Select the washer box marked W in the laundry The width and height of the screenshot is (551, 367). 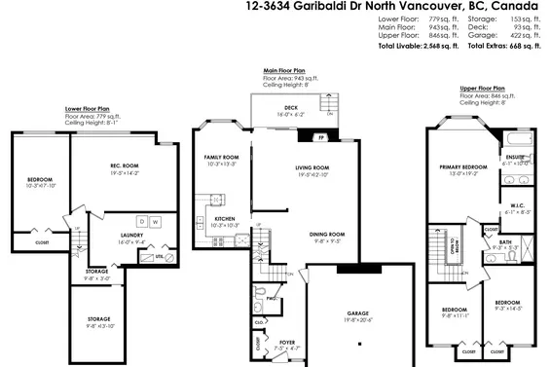click(154, 222)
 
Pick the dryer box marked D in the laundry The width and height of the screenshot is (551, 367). click(141, 222)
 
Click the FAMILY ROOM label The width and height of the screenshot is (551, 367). click(221, 158)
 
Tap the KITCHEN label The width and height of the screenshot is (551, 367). click(225, 219)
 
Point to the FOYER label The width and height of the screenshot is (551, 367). click(287, 342)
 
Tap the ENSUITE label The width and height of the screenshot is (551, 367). click(515, 157)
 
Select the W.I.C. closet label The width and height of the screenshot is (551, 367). click(517, 205)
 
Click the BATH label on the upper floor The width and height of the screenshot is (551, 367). click(504, 242)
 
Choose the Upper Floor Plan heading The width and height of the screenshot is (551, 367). click(482, 88)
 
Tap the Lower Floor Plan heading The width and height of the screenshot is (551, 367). click(88, 108)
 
